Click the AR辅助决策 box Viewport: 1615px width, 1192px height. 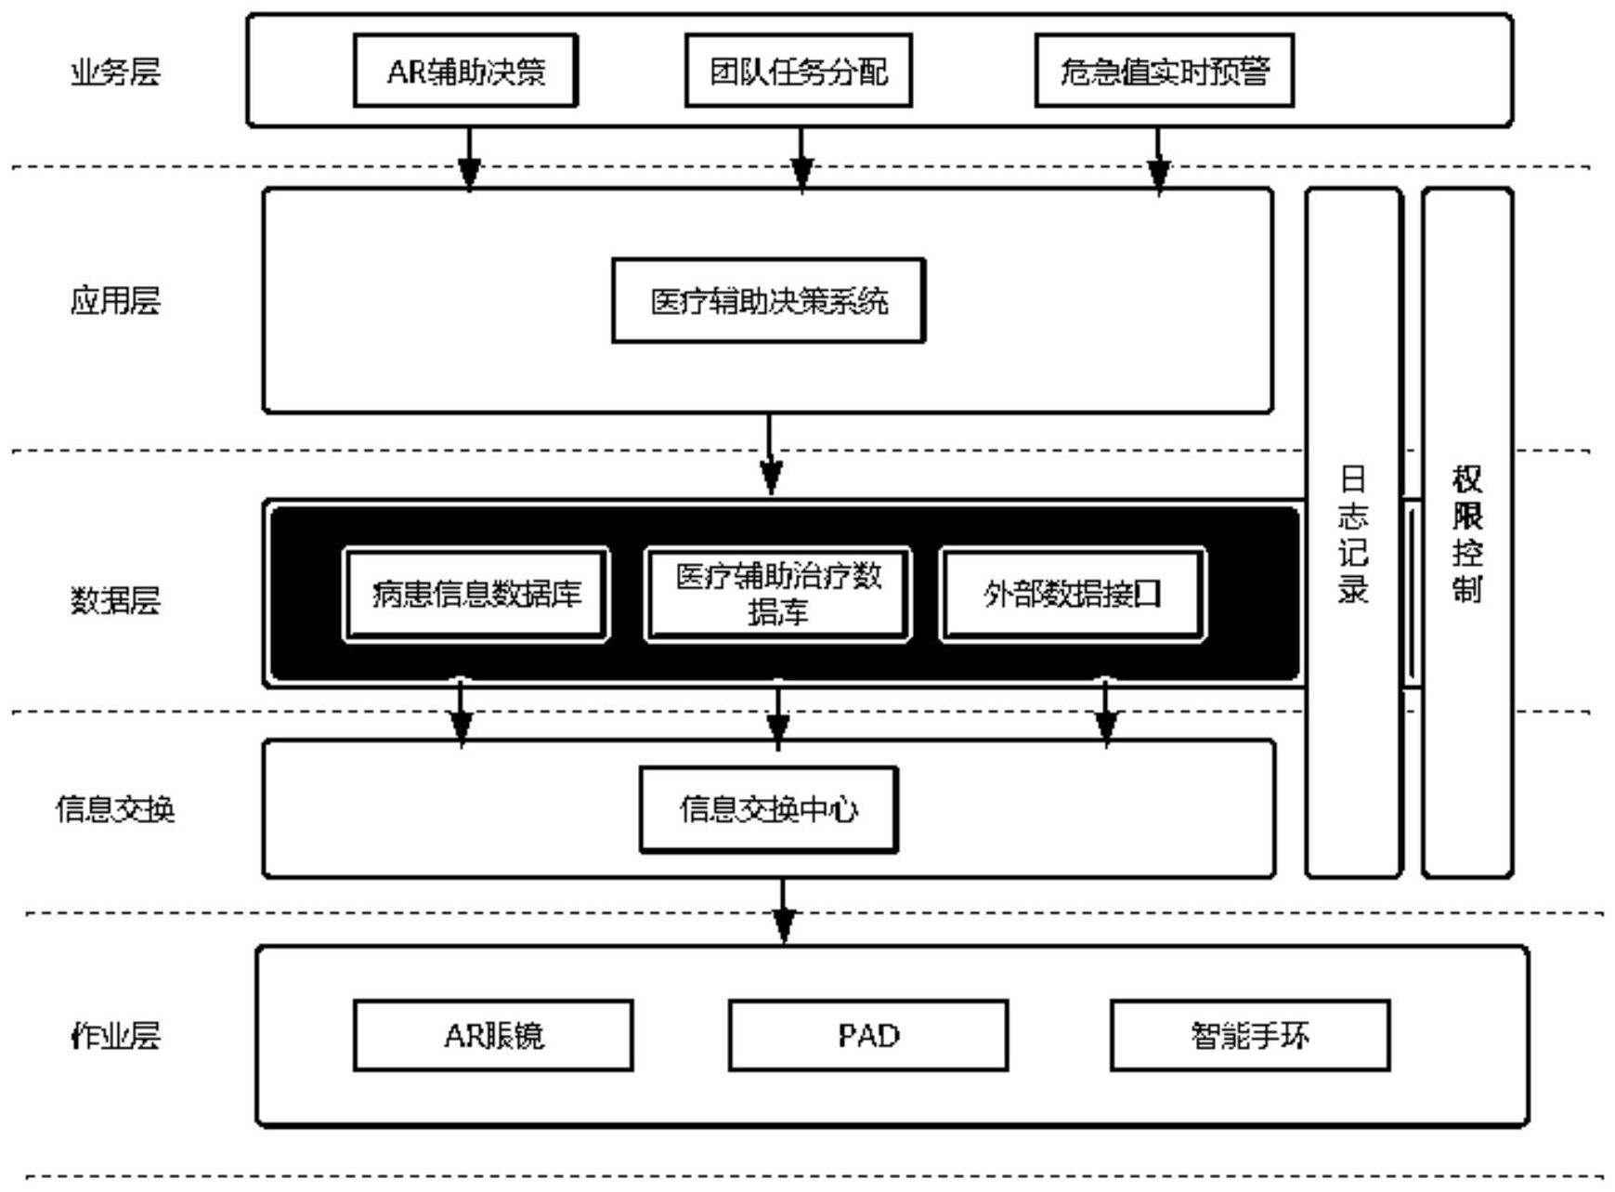coord(465,71)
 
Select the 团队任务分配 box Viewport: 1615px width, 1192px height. coord(798,71)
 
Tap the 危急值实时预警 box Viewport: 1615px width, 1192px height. coord(1164,71)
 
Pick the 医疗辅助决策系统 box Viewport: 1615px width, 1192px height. coord(768,301)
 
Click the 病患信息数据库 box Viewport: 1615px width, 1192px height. coord(476,595)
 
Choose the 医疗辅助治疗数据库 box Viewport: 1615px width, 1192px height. coord(777,595)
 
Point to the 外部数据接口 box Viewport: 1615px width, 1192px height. coord(1073,595)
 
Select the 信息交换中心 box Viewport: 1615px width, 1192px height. coord(769,809)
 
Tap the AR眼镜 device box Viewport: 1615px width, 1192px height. coord(493,1035)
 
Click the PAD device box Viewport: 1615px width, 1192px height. coord(868,1035)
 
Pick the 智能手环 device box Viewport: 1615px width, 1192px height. coord(1250,1035)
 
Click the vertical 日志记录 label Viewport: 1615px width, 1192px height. coord(1353,534)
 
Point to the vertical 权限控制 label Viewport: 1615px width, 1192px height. coord(1467,534)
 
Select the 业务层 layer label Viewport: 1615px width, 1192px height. coord(115,72)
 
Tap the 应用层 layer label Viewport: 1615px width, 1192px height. coord(115,301)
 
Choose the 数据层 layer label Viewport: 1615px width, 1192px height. coord(115,601)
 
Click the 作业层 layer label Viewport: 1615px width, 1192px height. coord(115,1035)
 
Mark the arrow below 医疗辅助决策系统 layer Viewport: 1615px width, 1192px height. coord(770,455)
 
